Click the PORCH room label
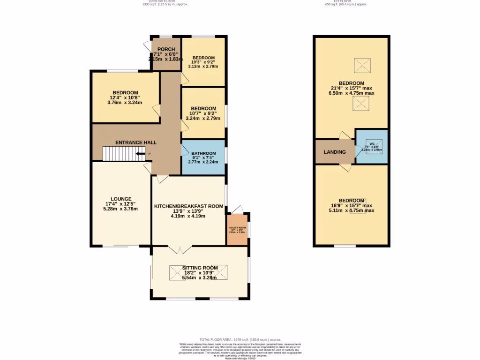(166, 49)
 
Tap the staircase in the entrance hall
(119, 154)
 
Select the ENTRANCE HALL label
(136, 142)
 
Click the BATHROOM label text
(203, 153)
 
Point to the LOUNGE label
(121, 199)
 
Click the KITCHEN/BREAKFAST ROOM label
(188, 206)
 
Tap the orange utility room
(237, 230)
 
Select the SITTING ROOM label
(200, 268)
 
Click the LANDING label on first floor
(335, 152)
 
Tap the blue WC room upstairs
(372, 146)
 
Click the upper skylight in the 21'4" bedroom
(362, 66)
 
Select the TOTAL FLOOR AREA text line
(240, 339)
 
